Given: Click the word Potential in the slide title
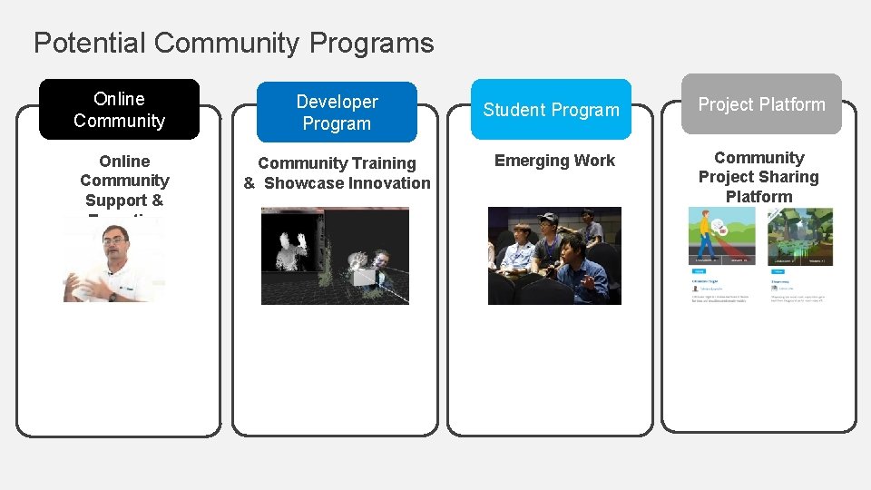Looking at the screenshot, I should tap(90, 43).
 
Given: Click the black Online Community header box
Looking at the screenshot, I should tap(119, 110).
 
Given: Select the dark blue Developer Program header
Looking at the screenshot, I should tap(337, 113).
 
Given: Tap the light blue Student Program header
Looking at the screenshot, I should tap(551, 110).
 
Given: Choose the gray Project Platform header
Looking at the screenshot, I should tap(761, 104).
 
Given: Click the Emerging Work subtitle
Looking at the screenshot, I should tap(554, 161).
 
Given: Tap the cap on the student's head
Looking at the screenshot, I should tap(547, 219).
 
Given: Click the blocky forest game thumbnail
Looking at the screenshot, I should tap(799, 238).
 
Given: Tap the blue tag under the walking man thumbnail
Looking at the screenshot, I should tap(700, 271).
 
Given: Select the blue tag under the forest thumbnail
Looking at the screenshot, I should tap(778, 271).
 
